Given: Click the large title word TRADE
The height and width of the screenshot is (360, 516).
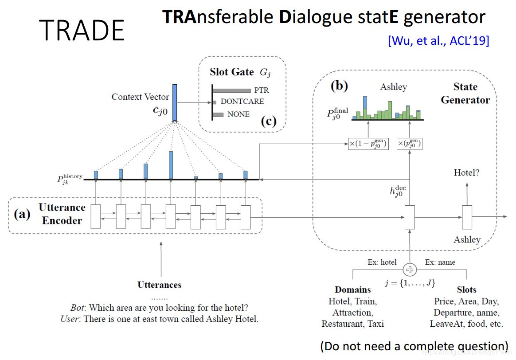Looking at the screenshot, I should [x=83, y=30].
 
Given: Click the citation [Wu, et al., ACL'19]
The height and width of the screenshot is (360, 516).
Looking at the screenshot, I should [x=438, y=41].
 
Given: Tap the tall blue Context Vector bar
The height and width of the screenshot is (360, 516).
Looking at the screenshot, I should [x=175, y=102].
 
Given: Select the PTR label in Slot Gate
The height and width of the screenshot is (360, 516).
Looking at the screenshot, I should [x=262, y=90].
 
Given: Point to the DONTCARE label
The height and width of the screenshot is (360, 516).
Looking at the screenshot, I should [x=242, y=102].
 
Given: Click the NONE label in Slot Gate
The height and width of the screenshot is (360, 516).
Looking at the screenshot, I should [x=238, y=114].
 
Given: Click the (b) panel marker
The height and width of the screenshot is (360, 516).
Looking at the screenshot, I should [x=340, y=86].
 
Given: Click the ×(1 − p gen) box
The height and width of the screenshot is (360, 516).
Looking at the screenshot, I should [x=368, y=144].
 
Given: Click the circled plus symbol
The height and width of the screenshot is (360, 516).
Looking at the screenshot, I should [x=410, y=269].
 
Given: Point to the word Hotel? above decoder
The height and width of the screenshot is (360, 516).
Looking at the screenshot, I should [x=467, y=173].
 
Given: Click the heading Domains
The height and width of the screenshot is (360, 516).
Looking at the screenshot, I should [x=353, y=290].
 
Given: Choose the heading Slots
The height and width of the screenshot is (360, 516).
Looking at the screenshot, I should [x=466, y=290].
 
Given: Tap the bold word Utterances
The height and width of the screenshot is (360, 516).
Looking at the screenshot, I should [x=159, y=285].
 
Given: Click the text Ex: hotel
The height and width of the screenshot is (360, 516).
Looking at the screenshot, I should [x=382, y=262].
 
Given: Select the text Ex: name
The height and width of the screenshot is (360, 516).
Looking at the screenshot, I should [x=440, y=262].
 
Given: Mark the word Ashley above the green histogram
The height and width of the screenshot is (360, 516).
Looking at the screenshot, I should [x=393, y=87].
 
